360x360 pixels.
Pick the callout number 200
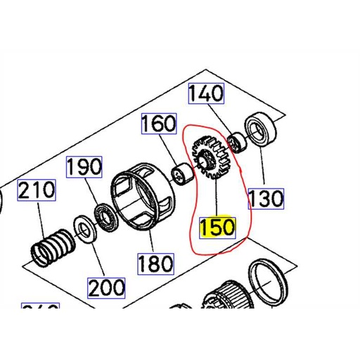[x=106, y=287]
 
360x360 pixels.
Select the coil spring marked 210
[x=53, y=245]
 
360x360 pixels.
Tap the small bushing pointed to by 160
[x=184, y=173]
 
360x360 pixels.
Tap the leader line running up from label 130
[x=263, y=169]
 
